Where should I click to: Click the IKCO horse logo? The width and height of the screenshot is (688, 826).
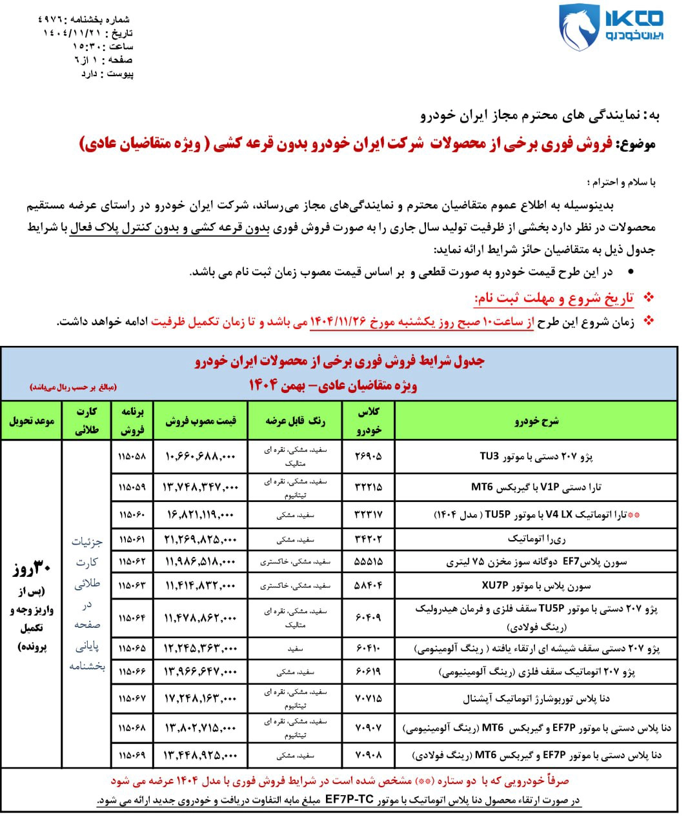point(579,28)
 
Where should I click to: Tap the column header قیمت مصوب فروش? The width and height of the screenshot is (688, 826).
point(201,421)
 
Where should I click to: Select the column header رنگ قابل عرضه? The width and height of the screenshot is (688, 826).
point(296,421)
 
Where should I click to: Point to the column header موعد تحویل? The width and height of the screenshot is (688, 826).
point(32,421)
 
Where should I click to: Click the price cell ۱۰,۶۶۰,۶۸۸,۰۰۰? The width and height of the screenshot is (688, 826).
point(201,456)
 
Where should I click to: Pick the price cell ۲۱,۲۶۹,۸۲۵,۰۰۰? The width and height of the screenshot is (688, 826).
point(201,539)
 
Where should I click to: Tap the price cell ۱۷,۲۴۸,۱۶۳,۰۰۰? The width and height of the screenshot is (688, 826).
point(201,698)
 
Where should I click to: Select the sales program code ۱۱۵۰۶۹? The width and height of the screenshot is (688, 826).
point(132,754)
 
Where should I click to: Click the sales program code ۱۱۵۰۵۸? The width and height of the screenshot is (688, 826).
point(132,456)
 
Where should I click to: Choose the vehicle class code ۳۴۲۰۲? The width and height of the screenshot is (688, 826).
point(369,539)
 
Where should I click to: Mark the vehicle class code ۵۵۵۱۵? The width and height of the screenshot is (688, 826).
point(369,562)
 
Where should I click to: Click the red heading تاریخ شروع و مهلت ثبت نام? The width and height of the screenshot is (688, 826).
point(554,298)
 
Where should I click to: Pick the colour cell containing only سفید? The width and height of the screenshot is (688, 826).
point(296,648)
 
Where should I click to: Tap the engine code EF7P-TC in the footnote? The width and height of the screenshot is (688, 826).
point(349,800)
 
